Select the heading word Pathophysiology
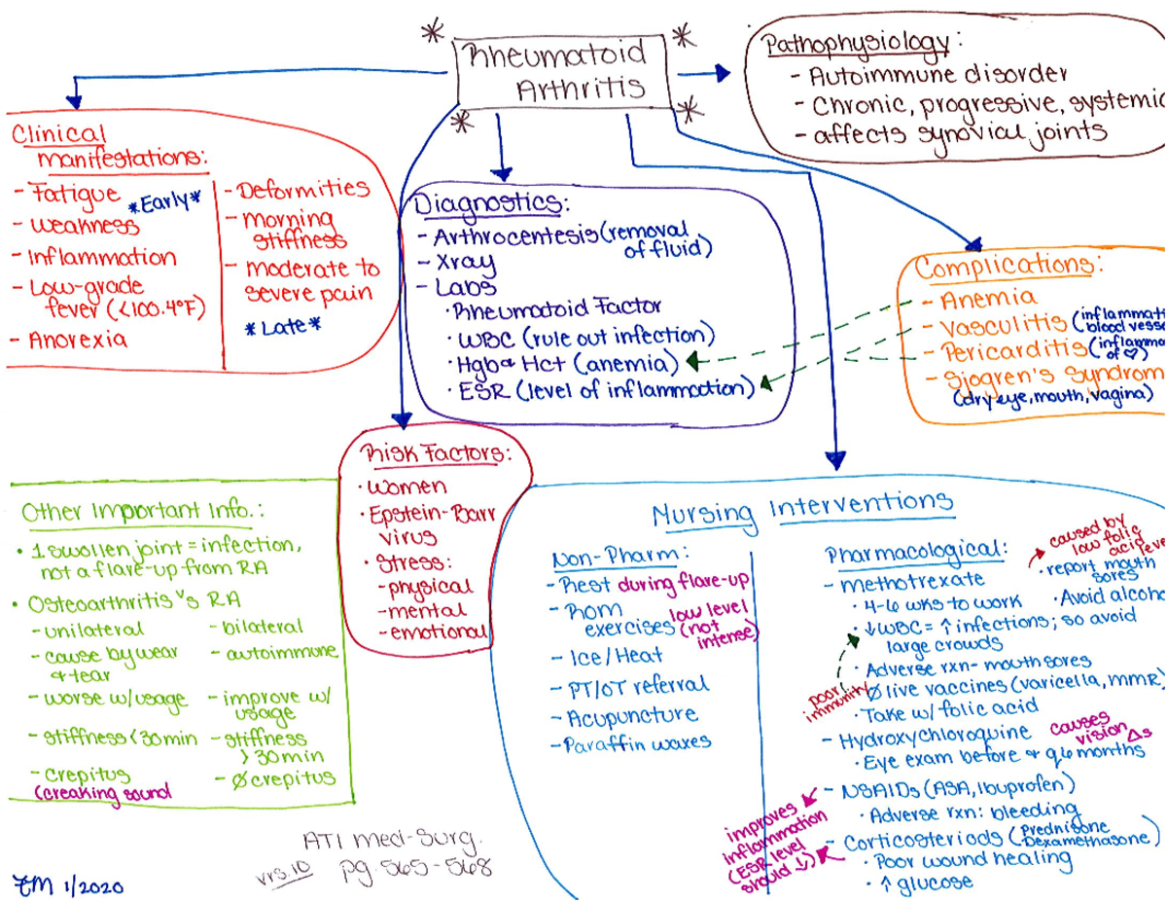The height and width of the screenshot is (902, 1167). pos(856,44)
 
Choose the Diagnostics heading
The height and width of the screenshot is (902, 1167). pos(488,205)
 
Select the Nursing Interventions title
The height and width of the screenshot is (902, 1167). pos(802,507)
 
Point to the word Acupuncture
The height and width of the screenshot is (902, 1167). pos(632,717)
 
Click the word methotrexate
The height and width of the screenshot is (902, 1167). pos(911,584)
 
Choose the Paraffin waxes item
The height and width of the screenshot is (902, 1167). pos(637,744)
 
